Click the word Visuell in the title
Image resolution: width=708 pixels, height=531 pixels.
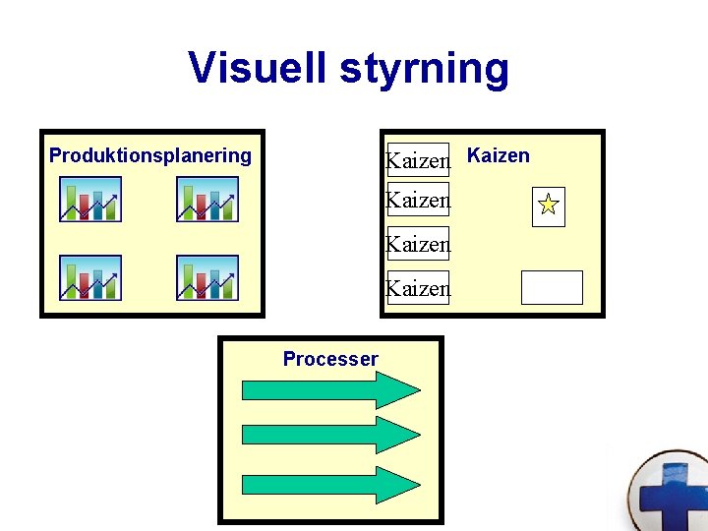(x=258, y=68)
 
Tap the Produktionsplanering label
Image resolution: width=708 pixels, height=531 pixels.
(x=150, y=155)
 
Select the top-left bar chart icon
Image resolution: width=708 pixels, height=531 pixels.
(x=90, y=199)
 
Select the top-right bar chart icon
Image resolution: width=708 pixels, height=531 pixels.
(x=207, y=199)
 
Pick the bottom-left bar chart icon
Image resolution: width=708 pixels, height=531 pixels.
(x=90, y=277)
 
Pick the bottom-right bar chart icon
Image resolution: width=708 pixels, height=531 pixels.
(x=207, y=277)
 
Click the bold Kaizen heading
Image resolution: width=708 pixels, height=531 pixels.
(x=498, y=155)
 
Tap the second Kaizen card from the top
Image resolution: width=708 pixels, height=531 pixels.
(x=418, y=200)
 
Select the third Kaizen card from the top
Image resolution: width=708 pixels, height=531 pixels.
(x=418, y=243)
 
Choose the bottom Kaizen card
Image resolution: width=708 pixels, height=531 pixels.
(x=418, y=288)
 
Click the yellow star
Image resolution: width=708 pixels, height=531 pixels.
(x=549, y=206)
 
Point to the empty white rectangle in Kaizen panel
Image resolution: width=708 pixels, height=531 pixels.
(x=552, y=287)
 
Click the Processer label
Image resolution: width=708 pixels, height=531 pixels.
(x=330, y=359)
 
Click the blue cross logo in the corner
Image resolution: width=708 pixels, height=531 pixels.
(x=672, y=492)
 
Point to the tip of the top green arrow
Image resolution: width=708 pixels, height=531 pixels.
(x=418, y=389)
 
